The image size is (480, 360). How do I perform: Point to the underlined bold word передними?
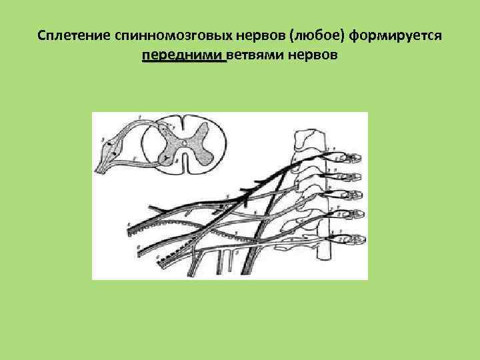coord(183,55)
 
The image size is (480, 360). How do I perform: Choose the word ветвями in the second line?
coord(257,55)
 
